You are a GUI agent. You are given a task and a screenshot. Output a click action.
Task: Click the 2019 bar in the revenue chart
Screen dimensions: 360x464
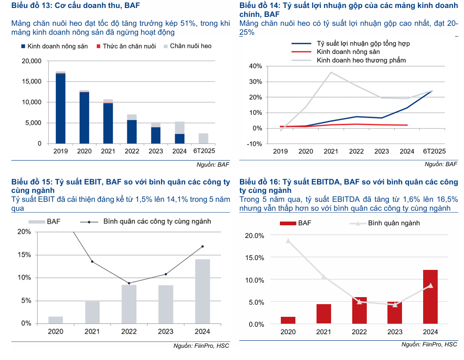coord(61,108)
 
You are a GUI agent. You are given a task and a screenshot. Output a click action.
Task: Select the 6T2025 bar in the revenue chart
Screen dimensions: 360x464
coord(203,138)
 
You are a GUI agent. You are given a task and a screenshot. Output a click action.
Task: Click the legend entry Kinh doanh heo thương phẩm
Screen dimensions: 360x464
coord(361,61)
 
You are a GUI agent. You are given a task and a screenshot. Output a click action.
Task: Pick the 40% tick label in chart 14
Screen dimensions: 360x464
coord(255,66)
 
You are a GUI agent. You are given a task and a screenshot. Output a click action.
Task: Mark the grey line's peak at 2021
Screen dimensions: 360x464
coord(331,72)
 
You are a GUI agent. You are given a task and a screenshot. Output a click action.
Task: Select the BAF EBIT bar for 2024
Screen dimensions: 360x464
coord(203,291)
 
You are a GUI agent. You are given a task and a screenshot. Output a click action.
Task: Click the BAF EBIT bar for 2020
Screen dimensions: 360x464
coord(55,320)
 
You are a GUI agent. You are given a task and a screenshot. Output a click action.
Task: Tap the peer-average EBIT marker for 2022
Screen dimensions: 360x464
coord(129,283)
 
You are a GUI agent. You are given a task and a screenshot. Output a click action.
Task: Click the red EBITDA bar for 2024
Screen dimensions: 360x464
coord(430,297)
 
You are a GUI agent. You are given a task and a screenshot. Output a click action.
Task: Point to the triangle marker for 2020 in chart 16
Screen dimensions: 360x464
coord(288,241)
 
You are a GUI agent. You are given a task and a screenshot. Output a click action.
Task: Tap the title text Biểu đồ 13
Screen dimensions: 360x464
coord(31,6)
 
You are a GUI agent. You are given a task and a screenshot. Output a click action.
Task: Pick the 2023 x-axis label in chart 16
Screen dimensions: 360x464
coord(394,332)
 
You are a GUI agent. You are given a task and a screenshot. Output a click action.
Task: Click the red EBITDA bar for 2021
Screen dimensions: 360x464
coord(324,314)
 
